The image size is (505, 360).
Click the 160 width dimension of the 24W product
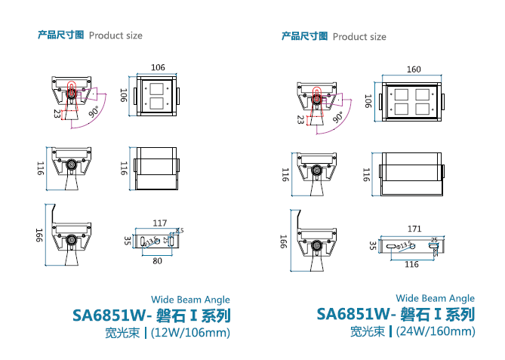[x=413, y=69]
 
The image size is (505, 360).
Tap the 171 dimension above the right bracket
[x=413, y=228]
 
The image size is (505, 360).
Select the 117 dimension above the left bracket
[x=159, y=223]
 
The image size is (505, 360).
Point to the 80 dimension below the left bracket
[x=157, y=261]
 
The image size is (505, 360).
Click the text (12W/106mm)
[x=190, y=332]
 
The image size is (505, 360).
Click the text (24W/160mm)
[x=436, y=331]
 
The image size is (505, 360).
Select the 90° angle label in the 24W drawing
[x=337, y=117]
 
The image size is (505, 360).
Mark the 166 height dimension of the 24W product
[x=284, y=242]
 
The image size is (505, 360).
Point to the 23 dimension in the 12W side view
[x=57, y=113]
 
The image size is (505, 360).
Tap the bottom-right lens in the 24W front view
[x=423, y=108]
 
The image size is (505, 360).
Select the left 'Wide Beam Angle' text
[x=191, y=300]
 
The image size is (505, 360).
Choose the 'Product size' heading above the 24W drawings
[x=359, y=36]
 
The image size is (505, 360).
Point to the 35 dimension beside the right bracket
[x=372, y=245]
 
